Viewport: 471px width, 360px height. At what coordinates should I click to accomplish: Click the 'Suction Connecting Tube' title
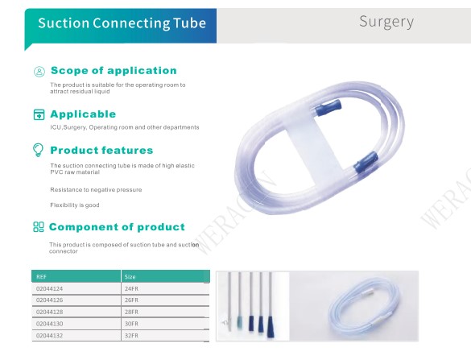[122, 23]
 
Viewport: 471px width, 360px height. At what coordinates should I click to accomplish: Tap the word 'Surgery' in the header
[386, 22]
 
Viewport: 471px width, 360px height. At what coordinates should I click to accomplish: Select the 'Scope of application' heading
[114, 70]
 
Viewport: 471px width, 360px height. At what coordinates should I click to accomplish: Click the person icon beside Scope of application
[39, 72]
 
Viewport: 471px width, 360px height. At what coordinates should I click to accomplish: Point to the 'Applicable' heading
[83, 114]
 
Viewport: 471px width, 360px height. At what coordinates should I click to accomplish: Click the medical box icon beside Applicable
[39, 114]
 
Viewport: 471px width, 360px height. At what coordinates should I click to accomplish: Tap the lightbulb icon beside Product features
[38, 150]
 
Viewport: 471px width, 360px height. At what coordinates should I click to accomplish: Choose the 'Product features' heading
[101, 150]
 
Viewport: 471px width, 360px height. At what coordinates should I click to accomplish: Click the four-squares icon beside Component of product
[39, 227]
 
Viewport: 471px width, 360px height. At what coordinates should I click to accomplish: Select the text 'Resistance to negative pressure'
[96, 189]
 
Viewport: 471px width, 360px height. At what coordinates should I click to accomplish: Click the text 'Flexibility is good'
[75, 205]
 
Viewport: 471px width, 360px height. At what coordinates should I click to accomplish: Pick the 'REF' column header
[41, 277]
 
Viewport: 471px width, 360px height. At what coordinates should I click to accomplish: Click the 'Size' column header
[130, 277]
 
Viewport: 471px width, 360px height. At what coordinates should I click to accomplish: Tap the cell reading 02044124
[50, 289]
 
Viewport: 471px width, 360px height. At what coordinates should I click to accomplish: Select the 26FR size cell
[131, 300]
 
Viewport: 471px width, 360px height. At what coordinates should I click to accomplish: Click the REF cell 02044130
[50, 324]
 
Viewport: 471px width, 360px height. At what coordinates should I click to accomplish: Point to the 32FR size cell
[131, 335]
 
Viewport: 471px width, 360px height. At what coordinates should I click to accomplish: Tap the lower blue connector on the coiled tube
[366, 163]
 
